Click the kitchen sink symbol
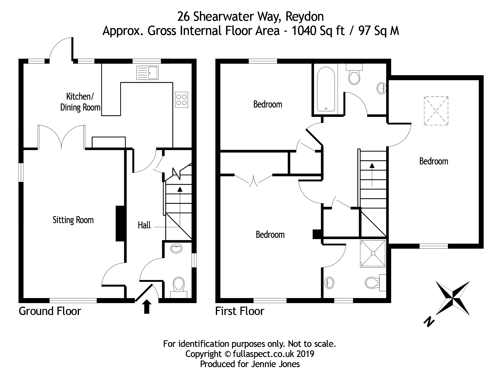(147, 73)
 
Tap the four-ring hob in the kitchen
(181, 100)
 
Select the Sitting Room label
(73, 220)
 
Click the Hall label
(144, 225)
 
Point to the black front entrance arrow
(147, 307)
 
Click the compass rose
(452, 298)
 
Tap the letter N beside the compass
(429, 322)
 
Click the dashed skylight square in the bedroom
(436, 111)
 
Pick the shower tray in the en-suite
(373, 253)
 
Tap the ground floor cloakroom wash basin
(176, 248)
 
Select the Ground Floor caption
(50, 311)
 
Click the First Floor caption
(240, 311)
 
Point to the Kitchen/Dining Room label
(80, 102)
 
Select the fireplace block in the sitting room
(120, 224)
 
